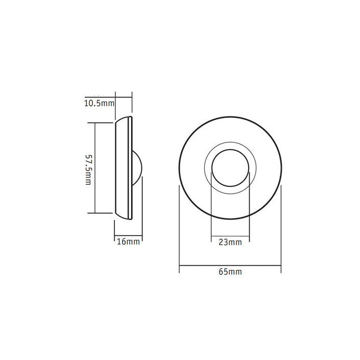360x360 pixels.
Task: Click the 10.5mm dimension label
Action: click(x=99, y=104)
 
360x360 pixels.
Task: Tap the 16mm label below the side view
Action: click(x=128, y=242)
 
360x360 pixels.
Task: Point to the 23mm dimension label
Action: click(x=230, y=242)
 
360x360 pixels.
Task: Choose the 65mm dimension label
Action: click(x=230, y=272)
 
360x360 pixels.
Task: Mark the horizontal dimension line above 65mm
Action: click(x=230, y=265)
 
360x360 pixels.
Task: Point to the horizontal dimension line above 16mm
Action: click(x=128, y=235)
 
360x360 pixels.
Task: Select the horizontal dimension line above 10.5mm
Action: click(x=124, y=98)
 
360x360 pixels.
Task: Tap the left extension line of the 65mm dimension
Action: click(x=179, y=225)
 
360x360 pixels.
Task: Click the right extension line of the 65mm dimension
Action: click(x=281, y=225)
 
